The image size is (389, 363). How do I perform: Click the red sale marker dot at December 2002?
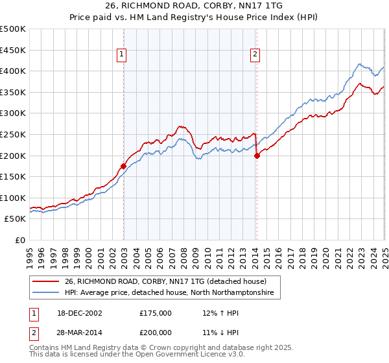pos(123,166)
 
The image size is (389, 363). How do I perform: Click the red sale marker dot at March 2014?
pos(257,156)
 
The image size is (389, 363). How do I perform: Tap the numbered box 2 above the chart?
pos(256,55)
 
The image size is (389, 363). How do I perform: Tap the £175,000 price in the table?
pos(156,312)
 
